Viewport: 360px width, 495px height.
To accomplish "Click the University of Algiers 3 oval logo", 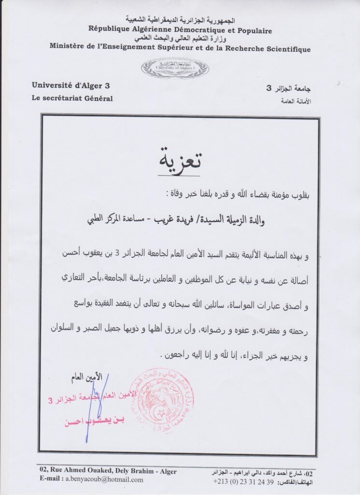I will click(x=175, y=68).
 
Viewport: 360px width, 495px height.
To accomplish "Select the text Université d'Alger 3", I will click(x=71, y=86).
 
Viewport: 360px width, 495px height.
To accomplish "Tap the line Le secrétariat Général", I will click(x=72, y=99).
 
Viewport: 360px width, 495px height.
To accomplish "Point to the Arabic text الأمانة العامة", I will click(x=295, y=102).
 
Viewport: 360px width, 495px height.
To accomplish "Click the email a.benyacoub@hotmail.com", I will click(x=104, y=480).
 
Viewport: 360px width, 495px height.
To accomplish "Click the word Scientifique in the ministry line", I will click(x=287, y=49).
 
